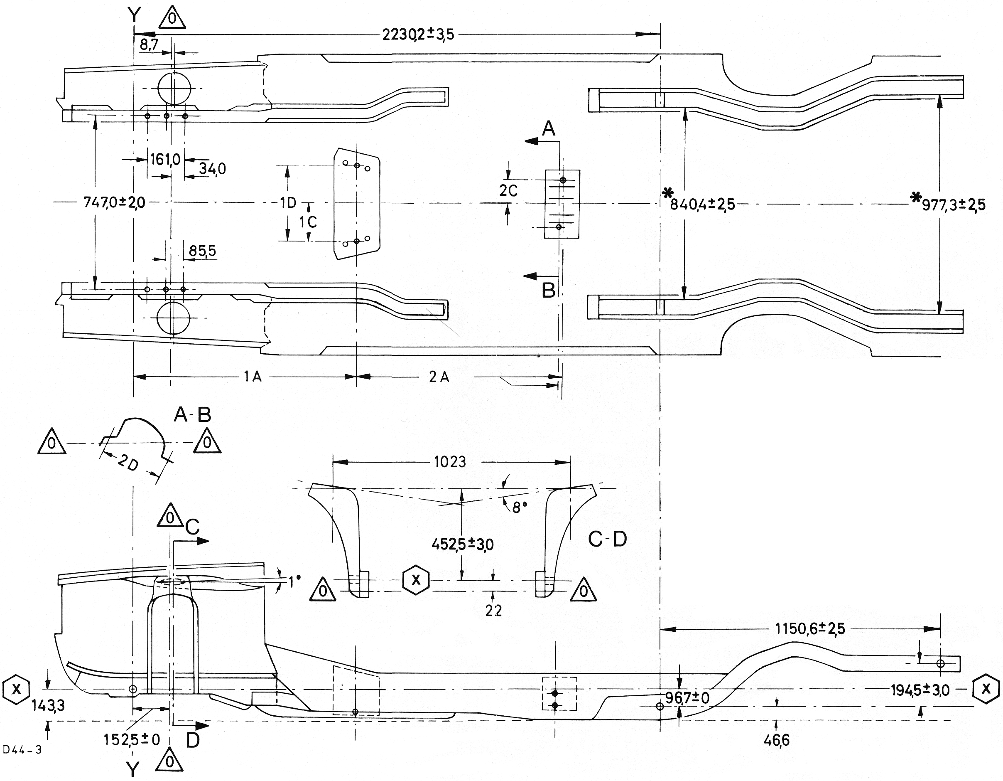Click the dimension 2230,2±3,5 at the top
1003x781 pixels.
[418, 34]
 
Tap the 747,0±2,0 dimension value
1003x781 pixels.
[114, 202]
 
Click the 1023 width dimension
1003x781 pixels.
[450, 461]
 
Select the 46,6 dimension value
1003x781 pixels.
[777, 740]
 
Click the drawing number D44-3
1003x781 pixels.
[22, 750]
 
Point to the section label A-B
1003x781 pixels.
[192, 415]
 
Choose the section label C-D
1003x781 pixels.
[608, 539]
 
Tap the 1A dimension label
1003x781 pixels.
[253, 377]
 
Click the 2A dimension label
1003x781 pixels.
[439, 377]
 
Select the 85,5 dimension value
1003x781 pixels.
[203, 251]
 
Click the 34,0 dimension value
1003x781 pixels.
[212, 169]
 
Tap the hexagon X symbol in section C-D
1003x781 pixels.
[416, 580]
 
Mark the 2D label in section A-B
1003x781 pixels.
[128, 463]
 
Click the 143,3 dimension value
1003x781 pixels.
[48, 705]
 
